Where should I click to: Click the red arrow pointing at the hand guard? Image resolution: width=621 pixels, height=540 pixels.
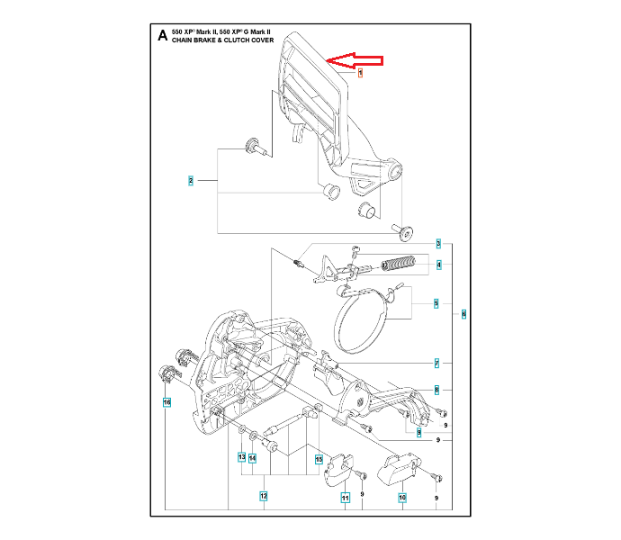pyautogui.click(x=355, y=61)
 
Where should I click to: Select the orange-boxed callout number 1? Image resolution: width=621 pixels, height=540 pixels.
pyautogui.click(x=360, y=73)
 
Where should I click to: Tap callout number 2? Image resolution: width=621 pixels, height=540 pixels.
pyautogui.click(x=191, y=181)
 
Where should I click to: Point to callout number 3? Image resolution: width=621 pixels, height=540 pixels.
pyautogui.click(x=438, y=243)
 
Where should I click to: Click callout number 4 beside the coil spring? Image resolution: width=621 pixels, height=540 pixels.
pyautogui.click(x=438, y=265)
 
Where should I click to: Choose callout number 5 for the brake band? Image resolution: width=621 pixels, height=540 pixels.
pyautogui.click(x=436, y=303)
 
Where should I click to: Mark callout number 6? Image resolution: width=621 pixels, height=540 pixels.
pyautogui.click(x=463, y=314)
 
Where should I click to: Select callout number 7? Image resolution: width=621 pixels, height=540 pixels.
pyautogui.click(x=436, y=363)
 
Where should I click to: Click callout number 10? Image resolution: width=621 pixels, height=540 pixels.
pyautogui.click(x=402, y=497)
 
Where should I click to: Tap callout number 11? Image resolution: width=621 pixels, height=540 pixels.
pyautogui.click(x=345, y=497)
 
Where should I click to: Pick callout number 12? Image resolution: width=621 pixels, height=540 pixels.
pyautogui.click(x=263, y=495)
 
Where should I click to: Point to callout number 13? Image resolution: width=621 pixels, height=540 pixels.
pyautogui.click(x=241, y=457)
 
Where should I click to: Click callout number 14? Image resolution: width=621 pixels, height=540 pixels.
pyautogui.click(x=253, y=457)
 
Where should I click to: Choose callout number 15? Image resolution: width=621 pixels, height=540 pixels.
pyautogui.click(x=319, y=459)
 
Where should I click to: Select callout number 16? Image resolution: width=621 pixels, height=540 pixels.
pyautogui.click(x=166, y=401)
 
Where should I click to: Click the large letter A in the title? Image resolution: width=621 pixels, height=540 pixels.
pyautogui.click(x=162, y=36)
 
